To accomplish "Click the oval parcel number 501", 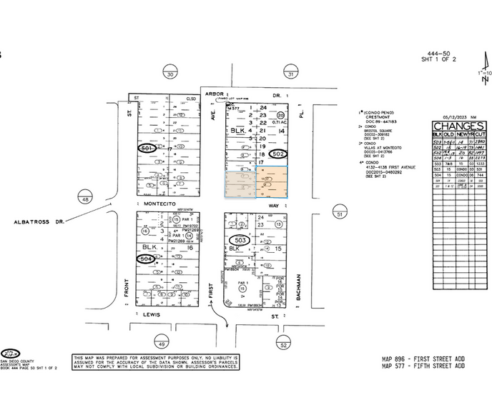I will [147, 148].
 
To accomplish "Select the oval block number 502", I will [279, 154].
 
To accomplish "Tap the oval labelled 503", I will [241, 241].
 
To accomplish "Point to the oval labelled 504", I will [147, 258].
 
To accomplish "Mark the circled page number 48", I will [85, 201].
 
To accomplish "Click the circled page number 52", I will [284, 345].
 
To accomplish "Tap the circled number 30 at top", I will [169, 74].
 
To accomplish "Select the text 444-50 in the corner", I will [438, 54].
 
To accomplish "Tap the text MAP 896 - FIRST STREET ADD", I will [423, 359].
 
